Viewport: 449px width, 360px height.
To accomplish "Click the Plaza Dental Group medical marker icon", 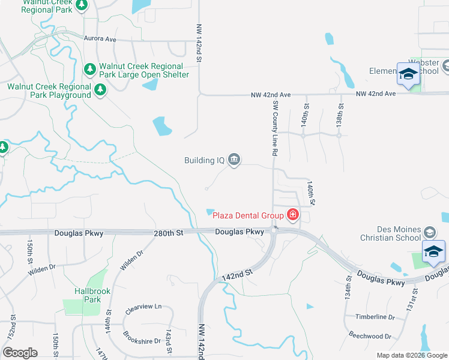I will (293, 214).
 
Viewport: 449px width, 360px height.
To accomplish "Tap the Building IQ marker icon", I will (234, 160).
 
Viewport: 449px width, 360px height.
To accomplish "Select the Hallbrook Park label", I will (85, 295).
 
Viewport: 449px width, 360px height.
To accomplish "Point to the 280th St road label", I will (167, 232).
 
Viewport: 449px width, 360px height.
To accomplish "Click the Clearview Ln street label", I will (144, 309).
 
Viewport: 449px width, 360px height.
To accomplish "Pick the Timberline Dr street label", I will (374, 317).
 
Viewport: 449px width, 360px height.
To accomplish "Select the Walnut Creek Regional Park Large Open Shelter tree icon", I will (90, 70).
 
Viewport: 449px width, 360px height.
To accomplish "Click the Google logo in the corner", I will (20, 353).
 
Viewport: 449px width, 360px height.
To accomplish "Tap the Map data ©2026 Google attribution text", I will (411, 355).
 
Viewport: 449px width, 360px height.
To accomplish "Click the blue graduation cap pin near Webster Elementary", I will (408, 74).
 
